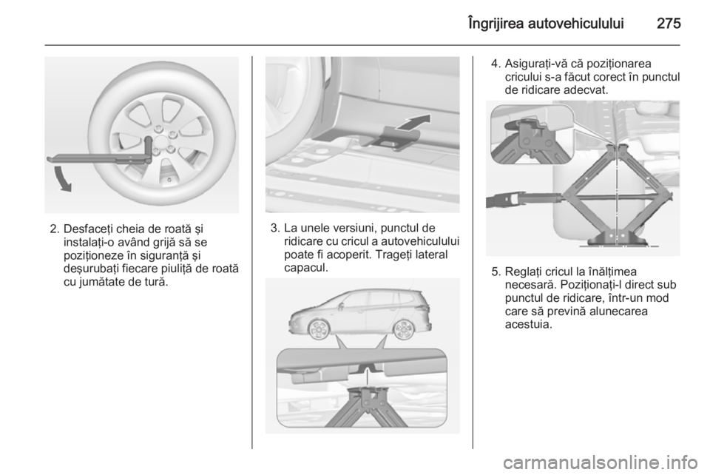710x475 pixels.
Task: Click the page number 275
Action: (669, 23)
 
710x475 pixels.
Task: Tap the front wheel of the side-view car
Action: (318, 329)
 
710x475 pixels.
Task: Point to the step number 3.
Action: (274, 228)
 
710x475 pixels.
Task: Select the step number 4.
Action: (496, 64)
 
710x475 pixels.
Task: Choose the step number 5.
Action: (496, 272)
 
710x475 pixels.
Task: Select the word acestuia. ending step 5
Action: (528, 325)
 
